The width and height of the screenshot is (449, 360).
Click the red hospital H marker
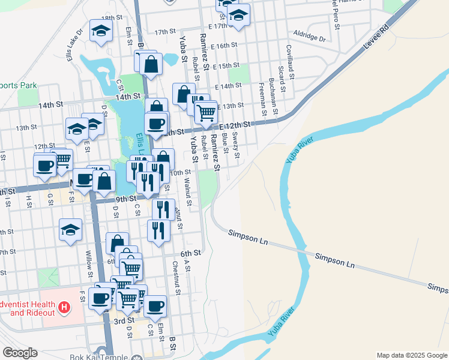pos(65,309)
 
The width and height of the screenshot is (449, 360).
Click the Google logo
pos(20,352)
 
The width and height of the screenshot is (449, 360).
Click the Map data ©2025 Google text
pos(411,355)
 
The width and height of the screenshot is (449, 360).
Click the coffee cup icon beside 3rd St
pos(155,305)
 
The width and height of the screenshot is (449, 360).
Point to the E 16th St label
pos(223,46)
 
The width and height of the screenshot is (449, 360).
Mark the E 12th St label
pos(234,125)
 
